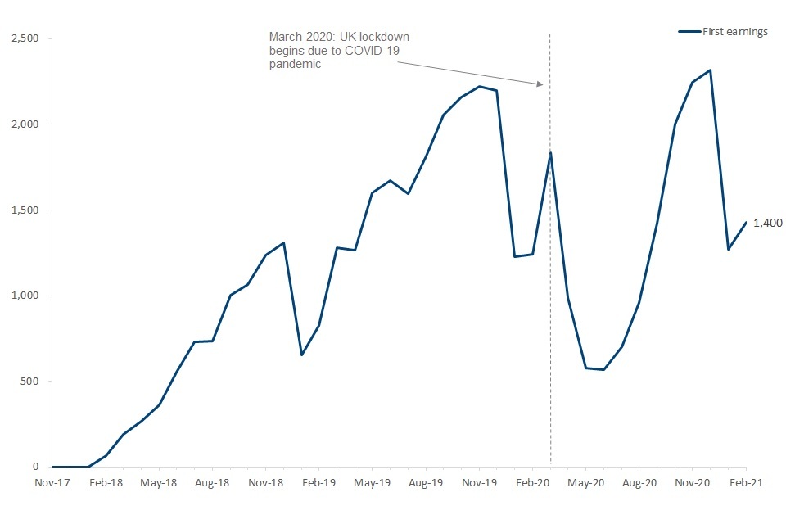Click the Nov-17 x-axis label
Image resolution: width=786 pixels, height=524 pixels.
(52, 483)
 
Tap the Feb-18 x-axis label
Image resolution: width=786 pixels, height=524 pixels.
(106, 483)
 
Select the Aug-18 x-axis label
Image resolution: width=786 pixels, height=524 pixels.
(212, 483)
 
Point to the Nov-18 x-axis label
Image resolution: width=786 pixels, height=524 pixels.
(266, 483)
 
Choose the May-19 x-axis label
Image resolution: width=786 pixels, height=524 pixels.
(373, 483)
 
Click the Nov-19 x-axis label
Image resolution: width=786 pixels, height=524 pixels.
(479, 483)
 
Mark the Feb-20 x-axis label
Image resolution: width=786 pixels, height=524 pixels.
(533, 483)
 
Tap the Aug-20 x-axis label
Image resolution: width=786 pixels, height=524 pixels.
(639, 483)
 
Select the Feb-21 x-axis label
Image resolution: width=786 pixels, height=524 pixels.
(746, 483)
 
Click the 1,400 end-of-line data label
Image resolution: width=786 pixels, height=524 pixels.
(766, 223)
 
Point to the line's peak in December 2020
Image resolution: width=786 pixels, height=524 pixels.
(710, 70)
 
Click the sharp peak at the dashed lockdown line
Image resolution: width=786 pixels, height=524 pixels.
(550, 152)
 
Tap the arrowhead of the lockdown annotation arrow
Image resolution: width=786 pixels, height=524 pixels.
(540, 84)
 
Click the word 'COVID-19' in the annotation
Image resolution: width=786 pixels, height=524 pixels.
(377, 51)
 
